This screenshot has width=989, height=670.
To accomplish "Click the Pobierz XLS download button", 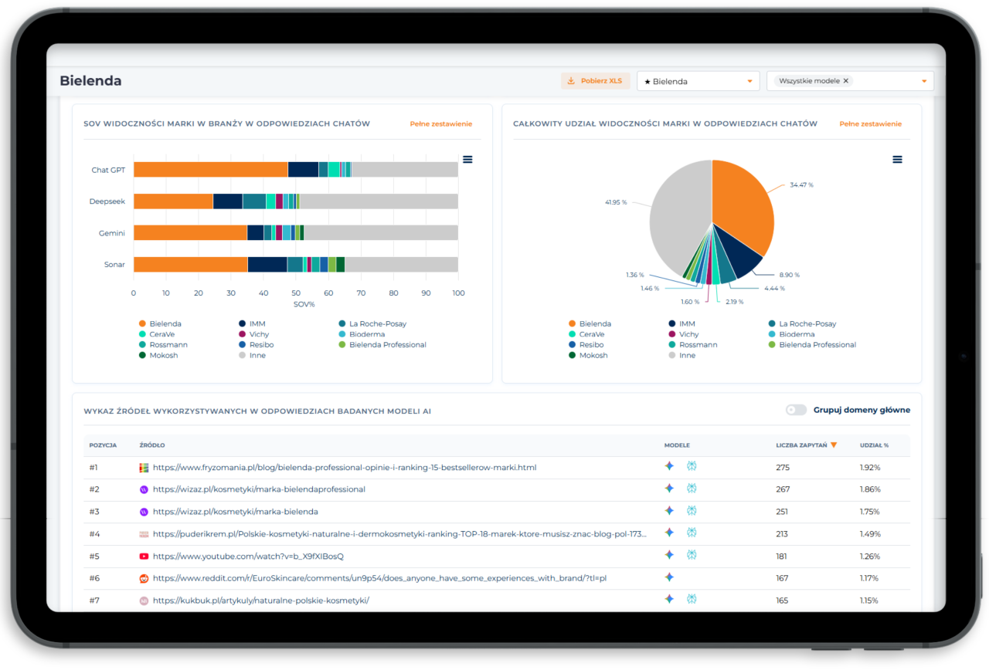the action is point(595,81).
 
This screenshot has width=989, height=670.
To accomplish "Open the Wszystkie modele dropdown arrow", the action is point(924,81).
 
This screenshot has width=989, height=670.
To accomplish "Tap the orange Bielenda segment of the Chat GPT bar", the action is point(211,170).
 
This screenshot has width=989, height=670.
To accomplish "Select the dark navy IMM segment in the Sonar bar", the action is point(267,264).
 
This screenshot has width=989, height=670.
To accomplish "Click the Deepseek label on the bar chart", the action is point(107,201).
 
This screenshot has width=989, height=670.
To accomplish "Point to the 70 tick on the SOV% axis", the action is point(361,293).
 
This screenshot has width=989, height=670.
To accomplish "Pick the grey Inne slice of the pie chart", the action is point(678,216).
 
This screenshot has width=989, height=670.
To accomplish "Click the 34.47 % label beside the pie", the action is point(801,184).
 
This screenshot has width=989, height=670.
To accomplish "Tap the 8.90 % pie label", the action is point(789,275).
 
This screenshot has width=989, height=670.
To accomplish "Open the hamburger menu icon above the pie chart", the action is point(897,159).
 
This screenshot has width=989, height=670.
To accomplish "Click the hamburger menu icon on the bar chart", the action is point(467,159).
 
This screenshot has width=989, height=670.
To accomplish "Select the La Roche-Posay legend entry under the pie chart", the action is point(802,323).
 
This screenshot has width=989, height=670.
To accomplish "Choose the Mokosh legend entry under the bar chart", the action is point(158,356).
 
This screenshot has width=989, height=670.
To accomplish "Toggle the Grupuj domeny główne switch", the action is point(796,410).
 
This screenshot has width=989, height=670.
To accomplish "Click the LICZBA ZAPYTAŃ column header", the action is point(801,445).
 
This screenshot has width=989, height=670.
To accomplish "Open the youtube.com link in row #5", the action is point(248,557).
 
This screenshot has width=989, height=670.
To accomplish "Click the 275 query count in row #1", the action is point(783,468).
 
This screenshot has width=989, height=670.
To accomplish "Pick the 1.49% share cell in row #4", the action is point(870,534).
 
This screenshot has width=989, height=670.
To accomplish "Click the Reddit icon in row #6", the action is point(144,579).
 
